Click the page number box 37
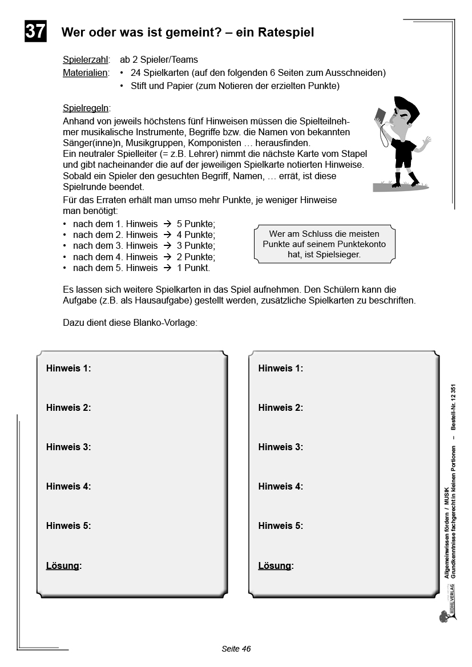point(35,31)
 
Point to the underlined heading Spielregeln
point(86,108)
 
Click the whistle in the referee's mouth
point(390,120)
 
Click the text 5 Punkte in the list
point(196,224)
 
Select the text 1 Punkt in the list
point(193,268)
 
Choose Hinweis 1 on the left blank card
point(68,369)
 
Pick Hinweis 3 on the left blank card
point(68,447)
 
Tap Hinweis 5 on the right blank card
point(281,526)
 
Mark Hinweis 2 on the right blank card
point(281,408)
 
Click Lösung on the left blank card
point(63,566)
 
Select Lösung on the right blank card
point(275,566)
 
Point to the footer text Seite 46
point(236,649)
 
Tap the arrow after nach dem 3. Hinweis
point(167,246)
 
